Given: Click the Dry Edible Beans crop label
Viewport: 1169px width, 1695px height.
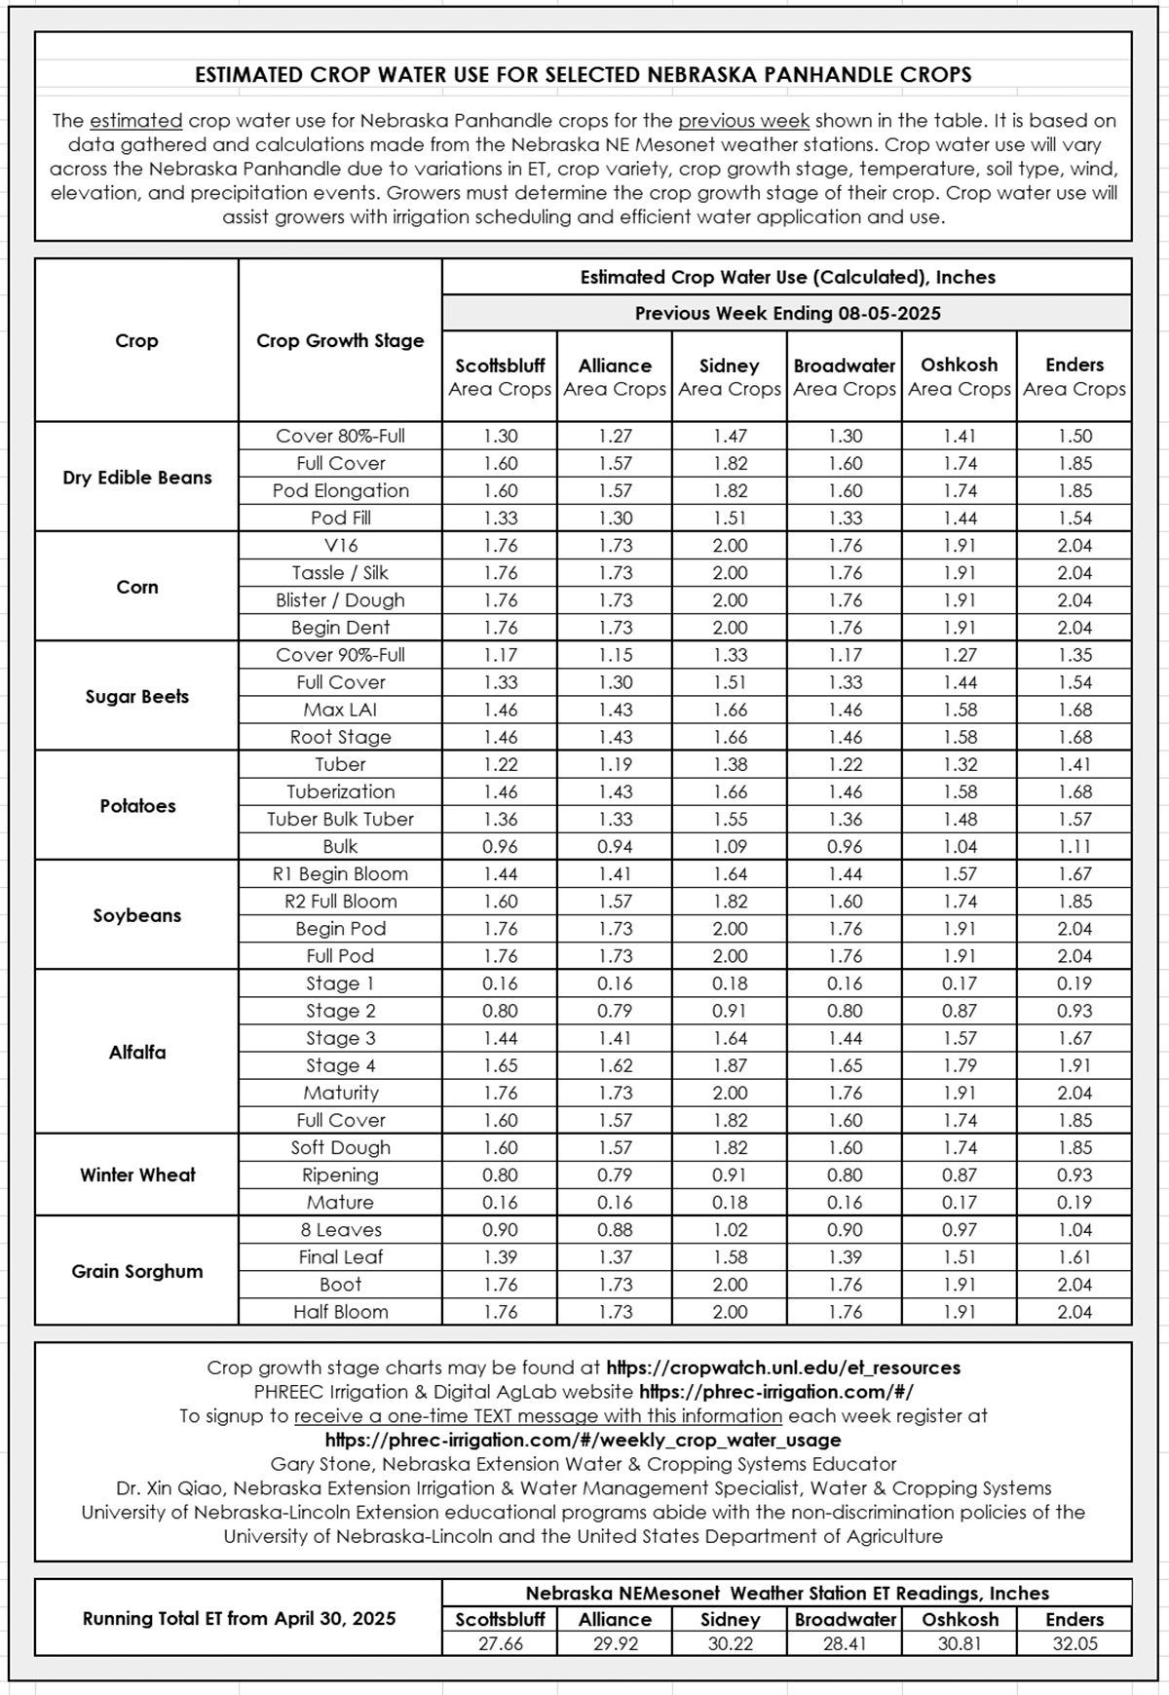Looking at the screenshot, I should (x=136, y=478).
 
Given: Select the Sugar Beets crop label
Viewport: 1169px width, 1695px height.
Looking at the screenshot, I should (x=136, y=697).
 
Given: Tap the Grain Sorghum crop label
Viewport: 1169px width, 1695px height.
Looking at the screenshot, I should (x=136, y=1271).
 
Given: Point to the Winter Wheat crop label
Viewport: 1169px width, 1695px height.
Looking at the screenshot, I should (x=136, y=1175).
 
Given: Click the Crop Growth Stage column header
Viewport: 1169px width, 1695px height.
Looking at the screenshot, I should (x=340, y=340).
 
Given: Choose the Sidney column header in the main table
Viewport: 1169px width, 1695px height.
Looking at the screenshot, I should (x=729, y=376).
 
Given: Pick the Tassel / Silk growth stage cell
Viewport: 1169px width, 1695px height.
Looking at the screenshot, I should (x=340, y=573).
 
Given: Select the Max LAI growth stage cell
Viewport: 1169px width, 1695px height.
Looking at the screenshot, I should (x=340, y=710).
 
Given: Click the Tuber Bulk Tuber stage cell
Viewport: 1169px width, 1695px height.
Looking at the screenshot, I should (x=340, y=819).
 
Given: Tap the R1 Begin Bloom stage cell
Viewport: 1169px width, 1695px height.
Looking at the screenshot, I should (x=340, y=874).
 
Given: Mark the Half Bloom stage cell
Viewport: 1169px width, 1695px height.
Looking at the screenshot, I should (x=340, y=1312).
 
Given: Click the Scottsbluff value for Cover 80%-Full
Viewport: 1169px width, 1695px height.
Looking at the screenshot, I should (x=500, y=437).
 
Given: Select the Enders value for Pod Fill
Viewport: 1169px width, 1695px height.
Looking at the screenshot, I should (x=1075, y=519).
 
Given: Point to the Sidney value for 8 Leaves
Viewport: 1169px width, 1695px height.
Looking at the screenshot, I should (x=730, y=1230).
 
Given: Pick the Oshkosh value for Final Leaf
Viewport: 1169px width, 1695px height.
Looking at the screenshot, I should (x=960, y=1257).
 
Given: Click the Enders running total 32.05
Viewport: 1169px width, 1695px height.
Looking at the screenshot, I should (x=1075, y=1643).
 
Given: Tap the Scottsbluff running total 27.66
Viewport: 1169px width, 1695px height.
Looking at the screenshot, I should (x=500, y=1643).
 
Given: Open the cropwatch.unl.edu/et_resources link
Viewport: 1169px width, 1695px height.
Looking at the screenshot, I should (x=783, y=1368).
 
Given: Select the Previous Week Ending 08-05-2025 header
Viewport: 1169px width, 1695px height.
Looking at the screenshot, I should (x=787, y=313).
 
